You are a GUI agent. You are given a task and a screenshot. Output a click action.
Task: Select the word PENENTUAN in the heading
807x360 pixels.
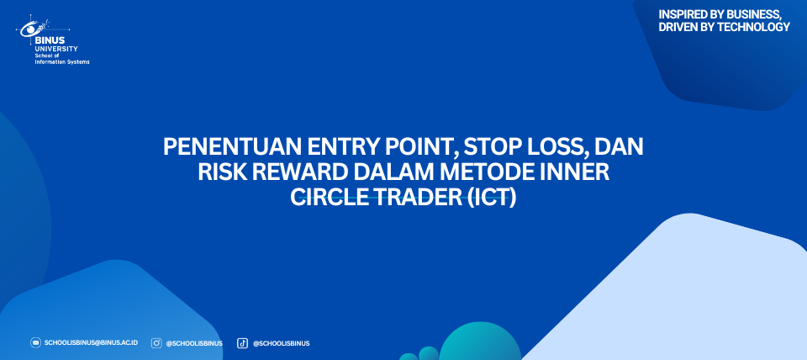[233, 148]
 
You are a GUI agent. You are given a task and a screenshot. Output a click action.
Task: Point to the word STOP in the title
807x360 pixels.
[488, 148]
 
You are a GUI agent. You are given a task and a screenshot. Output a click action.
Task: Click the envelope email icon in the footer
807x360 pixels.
[35, 342]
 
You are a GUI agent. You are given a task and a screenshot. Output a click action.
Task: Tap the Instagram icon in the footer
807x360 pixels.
[156, 343]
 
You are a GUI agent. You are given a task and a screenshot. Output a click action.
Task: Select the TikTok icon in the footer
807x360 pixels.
[242, 343]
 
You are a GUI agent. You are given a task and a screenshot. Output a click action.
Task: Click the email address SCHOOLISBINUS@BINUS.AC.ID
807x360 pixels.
[91, 342]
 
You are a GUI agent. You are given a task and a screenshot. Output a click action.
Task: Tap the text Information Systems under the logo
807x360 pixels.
[62, 61]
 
